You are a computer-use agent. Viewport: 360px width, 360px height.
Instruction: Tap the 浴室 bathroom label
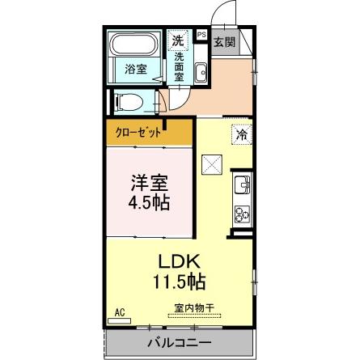(x=136, y=70)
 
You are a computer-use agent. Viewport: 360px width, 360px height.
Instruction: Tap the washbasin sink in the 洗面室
(x=201, y=72)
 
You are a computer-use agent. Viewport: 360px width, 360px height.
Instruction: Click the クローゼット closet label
(x=137, y=130)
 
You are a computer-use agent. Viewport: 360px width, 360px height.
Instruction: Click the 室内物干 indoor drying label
(x=193, y=308)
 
